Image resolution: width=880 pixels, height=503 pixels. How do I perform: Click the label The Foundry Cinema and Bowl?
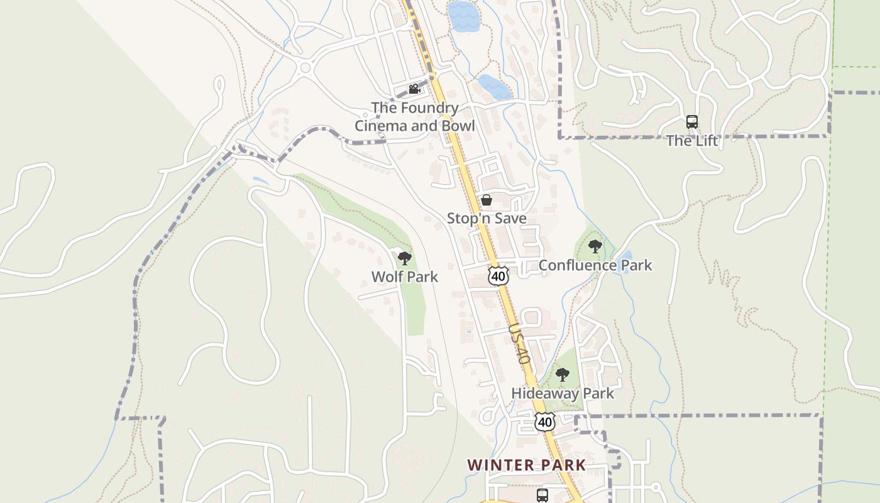tap(414, 117)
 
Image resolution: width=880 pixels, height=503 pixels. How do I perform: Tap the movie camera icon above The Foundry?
tap(414, 89)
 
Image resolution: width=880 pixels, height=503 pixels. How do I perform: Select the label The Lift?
tap(691, 141)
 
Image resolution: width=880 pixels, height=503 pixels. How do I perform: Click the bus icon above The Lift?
tap(691, 122)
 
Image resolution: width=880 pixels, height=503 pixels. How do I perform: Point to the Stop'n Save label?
tap(487, 218)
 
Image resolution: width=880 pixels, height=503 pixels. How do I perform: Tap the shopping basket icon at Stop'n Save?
tap(486, 201)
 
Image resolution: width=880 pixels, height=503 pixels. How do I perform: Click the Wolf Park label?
tap(404, 277)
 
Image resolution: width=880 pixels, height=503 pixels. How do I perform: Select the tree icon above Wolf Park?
tap(404, 258)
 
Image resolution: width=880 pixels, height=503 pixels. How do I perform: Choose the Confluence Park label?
tap(595, 265)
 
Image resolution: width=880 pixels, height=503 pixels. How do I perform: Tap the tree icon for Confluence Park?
tap(595, 246)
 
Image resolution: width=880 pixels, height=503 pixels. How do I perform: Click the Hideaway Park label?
tap(562, 394)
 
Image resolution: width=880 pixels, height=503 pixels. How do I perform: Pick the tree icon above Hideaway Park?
tap(562, 375)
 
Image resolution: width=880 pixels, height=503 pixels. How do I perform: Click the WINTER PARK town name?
tap(526, 465)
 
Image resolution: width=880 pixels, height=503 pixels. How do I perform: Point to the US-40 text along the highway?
tap(519, 344)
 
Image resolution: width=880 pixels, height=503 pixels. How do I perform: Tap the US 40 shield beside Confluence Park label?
tap(498, 276)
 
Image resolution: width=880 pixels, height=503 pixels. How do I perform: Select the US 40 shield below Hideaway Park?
tap(544, 421)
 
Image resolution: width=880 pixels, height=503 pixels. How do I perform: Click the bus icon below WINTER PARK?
tap(542, 495)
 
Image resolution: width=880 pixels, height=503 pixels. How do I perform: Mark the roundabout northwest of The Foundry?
tap(306, 67)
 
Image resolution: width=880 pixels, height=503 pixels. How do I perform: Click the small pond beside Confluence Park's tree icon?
tap(626, 257)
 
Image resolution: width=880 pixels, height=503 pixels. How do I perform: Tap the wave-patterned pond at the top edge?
tap(463, 16)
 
